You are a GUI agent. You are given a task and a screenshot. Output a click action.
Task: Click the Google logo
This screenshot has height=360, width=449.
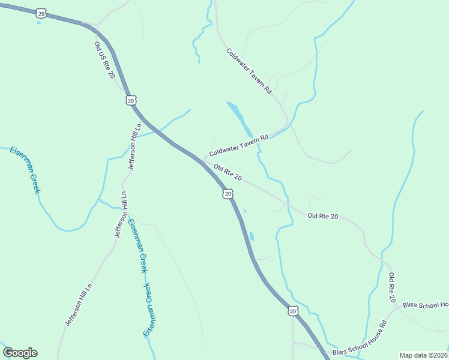20,352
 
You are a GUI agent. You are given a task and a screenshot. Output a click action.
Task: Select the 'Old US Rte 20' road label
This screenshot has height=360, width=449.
104,60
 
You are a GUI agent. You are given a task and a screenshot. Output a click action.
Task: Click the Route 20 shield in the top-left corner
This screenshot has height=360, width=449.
41,13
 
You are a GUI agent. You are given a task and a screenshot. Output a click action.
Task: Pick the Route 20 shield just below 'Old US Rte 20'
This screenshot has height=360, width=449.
131,100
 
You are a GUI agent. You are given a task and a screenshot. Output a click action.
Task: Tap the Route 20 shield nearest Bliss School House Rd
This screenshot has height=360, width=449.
292,310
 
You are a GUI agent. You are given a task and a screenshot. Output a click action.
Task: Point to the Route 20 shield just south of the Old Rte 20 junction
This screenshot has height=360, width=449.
227,193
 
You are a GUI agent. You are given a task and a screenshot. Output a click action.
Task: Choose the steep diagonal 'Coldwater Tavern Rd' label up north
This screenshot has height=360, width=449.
249,70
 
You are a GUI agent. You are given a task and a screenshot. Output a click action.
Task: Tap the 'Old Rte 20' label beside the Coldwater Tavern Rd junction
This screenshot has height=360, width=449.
228,173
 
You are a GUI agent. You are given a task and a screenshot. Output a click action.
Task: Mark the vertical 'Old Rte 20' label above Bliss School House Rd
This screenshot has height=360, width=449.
392,287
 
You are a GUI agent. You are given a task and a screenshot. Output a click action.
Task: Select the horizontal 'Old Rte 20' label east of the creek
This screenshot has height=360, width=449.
323,216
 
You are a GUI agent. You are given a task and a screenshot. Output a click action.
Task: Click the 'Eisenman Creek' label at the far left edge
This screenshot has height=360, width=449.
25,169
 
